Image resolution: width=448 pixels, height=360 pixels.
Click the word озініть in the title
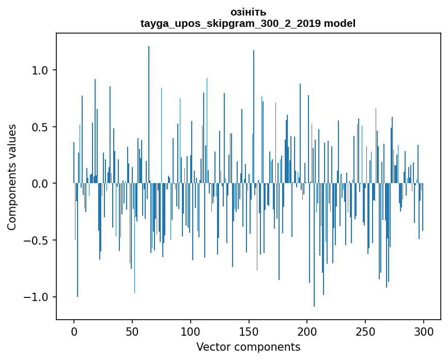(248, 12)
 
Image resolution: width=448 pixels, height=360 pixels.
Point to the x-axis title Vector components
(248, 347)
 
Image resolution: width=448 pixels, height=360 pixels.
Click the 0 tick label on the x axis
(74, 331)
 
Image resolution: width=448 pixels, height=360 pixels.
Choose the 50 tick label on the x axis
(132, 331)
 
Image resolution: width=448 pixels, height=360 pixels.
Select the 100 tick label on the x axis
(191, 331)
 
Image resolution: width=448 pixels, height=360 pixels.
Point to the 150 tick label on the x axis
(249, 331)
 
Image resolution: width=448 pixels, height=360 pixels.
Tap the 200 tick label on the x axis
(307, 331)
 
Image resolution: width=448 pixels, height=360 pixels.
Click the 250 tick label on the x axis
(365, 331)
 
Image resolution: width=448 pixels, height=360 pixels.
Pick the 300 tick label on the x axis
(423, 331)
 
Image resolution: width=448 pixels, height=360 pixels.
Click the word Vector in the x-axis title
(210, 347)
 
